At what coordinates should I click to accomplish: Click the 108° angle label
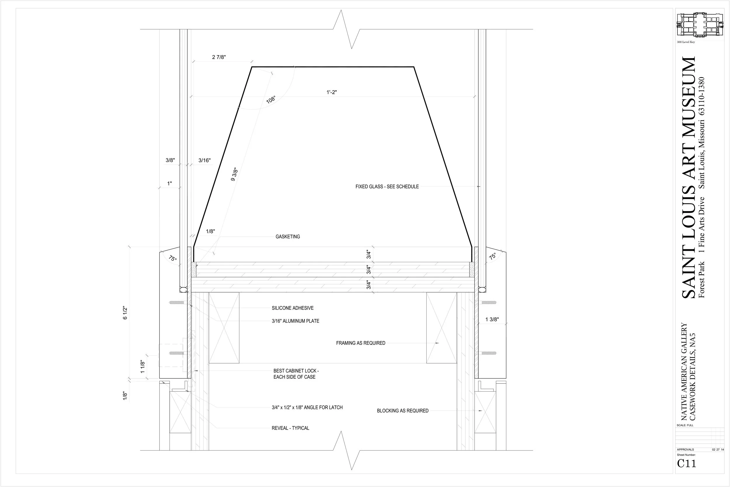[x=271, y=99]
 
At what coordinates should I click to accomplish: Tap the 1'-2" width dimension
[x=331, y=92]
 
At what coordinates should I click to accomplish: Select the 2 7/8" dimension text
[x=219, y=57]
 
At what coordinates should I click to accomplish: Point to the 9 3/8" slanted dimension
[x=234, y=174]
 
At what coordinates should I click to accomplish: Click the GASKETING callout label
[x=288, y=237]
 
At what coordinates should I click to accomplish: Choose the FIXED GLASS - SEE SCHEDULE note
[x=387, y=187]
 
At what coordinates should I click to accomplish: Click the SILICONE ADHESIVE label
[x=293, y=308]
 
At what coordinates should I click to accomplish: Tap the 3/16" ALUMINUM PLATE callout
[x=296, y=321]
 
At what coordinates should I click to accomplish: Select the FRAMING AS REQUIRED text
[x=361, y=343]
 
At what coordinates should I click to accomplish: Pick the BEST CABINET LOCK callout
[x=296, y=374]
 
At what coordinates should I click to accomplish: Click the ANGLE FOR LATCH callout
[x=307, y=408]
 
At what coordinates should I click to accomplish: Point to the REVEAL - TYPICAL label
[x=291, y=428]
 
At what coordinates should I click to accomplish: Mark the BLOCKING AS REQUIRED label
[x=403, y=411]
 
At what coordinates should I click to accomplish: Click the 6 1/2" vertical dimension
[x=125, y=313]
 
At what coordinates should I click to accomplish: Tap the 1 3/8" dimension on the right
[x=492, y=319]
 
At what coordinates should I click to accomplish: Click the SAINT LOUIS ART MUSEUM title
[x=689, y=177]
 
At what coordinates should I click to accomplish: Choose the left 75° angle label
[x=172, y=258]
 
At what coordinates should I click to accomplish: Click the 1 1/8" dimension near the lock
[x=142, y=367]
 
